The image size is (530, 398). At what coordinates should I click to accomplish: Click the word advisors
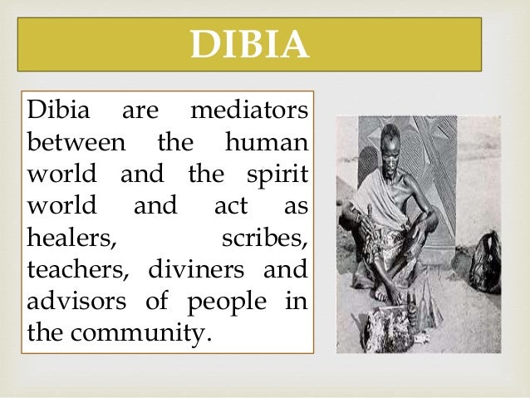[x=77, y=302]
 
